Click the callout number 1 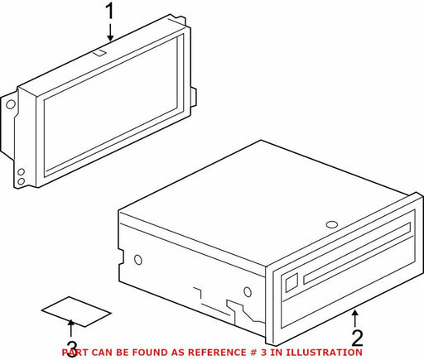coord(110,11)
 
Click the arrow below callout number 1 coord(110,32)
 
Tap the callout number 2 coord(357,338)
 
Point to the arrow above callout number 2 coord(355,319)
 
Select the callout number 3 coord(71,349)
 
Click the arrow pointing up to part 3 coord(71,329)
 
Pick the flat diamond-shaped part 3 coord(76,312)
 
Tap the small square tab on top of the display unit coord(99,52)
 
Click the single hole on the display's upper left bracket coord(11,104)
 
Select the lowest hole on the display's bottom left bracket coord(21,181)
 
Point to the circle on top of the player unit coord(332,224)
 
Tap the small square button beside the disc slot coord(291,282)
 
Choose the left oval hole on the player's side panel coord(138,260)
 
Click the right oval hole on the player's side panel coord(248,292)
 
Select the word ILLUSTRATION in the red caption coord(324,353)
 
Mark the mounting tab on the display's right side coord(194,97)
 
